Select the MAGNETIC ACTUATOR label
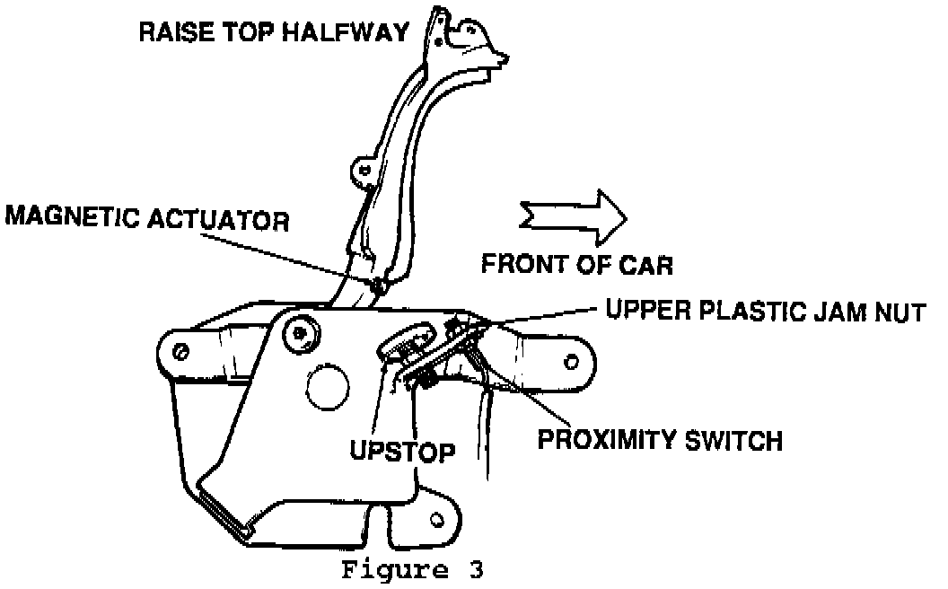pos(146,220)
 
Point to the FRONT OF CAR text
pos(577,265)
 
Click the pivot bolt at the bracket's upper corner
pos(297,334)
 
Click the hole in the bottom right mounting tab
pos(438,519)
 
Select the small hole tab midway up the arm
pos(364,167)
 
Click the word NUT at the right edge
pos(900,312)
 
